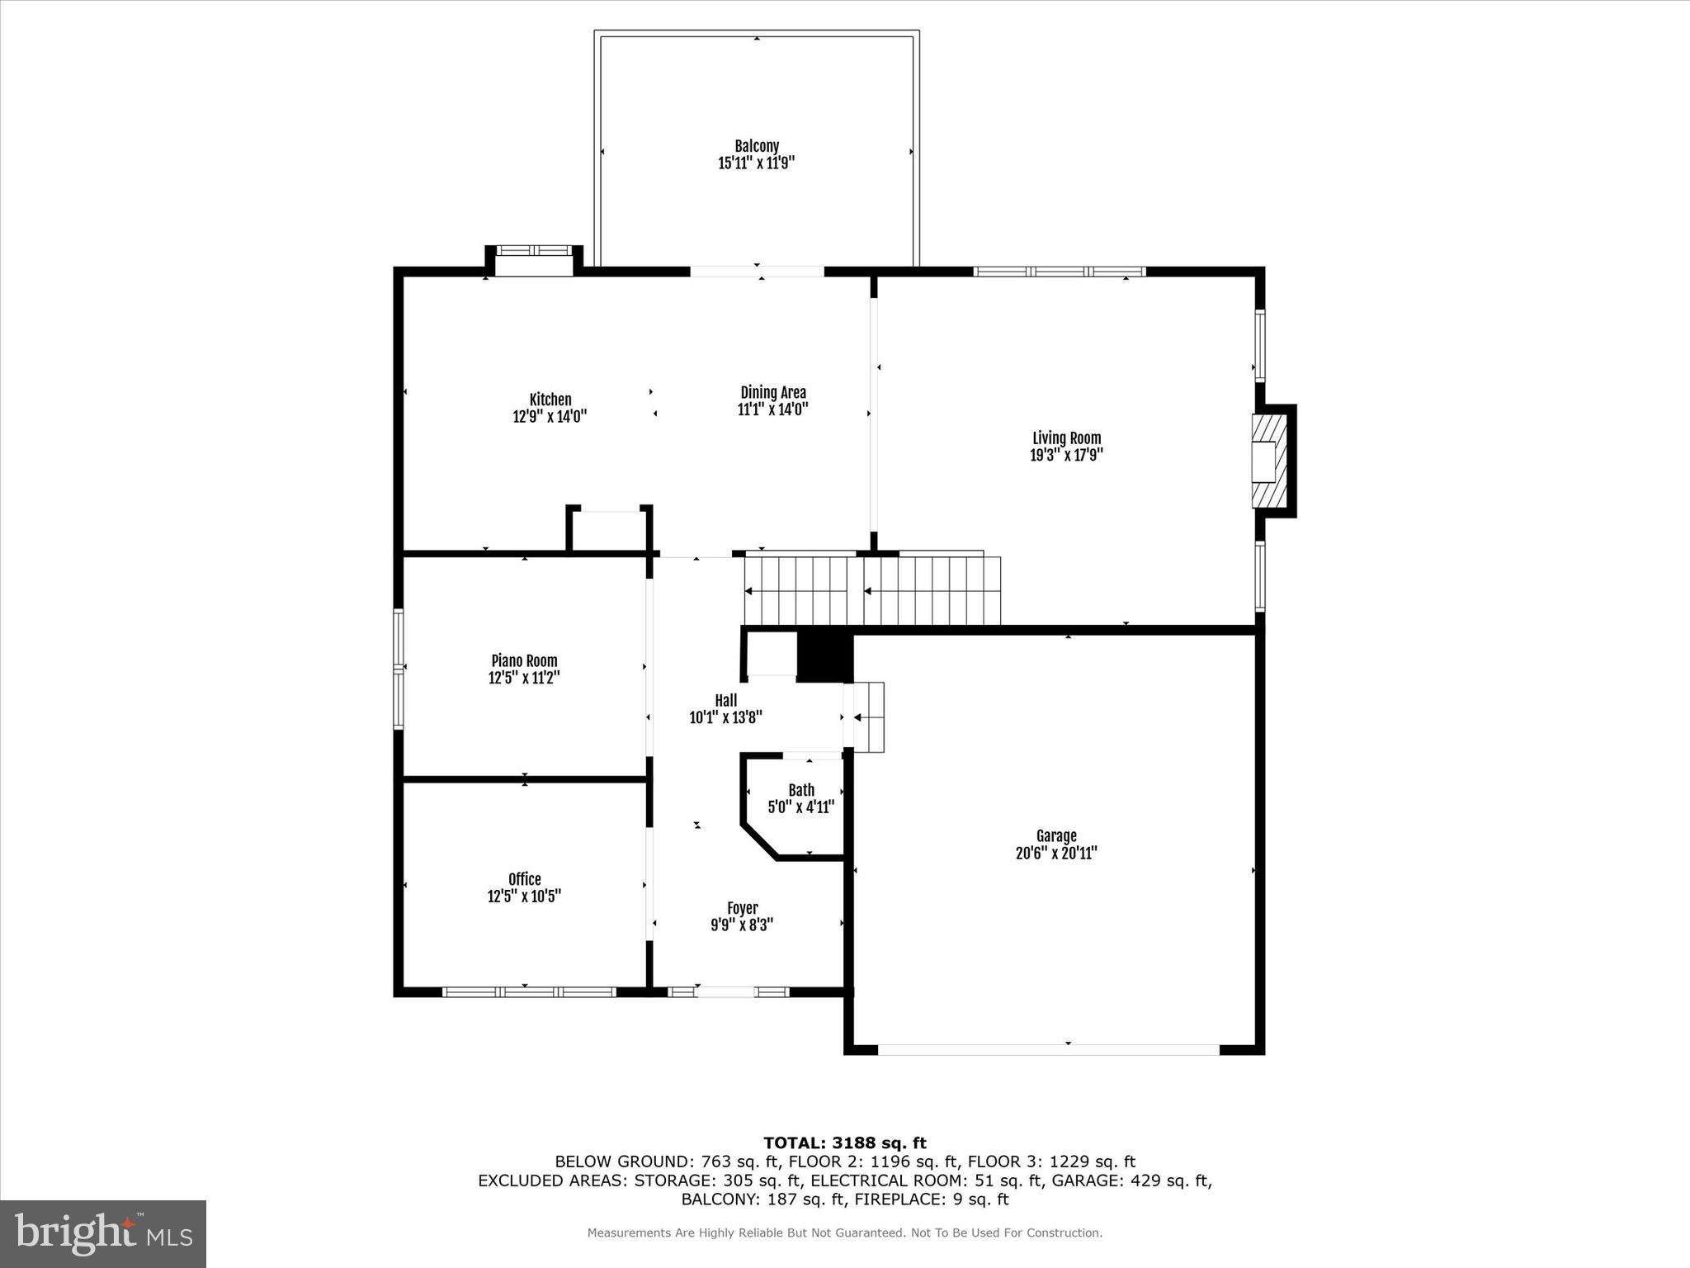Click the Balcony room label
pos(757,146)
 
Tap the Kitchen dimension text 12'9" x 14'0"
pos(550,417)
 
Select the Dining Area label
pos(773,393)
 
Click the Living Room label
pos(1066,438)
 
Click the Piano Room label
pos(524,661)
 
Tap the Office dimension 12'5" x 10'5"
pos(524,897)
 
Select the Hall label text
pos(726,701)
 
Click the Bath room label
pos(800,790)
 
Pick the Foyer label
pos(742,909)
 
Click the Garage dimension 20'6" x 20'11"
pos(1056,854)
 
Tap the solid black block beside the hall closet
pos(824,656)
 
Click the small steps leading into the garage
pos(869,717)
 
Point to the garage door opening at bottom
pos(1048,1049)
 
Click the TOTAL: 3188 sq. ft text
pos(844,1143)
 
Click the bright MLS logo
pos(103,1234)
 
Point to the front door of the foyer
pos(725,991)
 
